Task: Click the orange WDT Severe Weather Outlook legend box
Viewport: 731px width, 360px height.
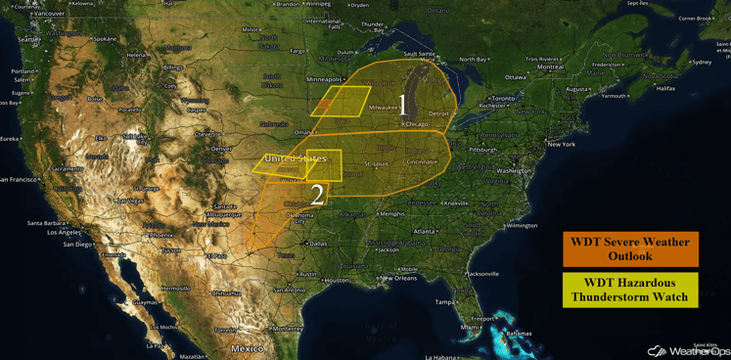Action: pyautogui.click(x=630, y=248)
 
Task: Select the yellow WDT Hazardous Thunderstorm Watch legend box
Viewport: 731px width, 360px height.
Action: pyautogui.click(x=630, y=290)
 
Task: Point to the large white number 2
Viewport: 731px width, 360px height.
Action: pyautogui.click(x=316, y=194)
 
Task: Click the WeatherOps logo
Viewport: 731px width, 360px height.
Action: pyautogui.click(x=684, y=350)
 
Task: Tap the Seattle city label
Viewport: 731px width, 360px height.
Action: pyautogui.click(x=30, y=39)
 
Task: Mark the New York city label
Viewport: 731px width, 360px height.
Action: pyautogui.click(x=561, y=144)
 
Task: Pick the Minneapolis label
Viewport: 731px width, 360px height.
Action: pyautogui.click(x=324, y=79)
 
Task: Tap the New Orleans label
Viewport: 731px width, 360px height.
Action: pyautogui.click(x=398, y=278)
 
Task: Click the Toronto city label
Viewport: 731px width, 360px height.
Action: pyautogui.click(x=502, y=99)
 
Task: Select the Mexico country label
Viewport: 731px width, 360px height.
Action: pyautogui.click(x=248, y=348)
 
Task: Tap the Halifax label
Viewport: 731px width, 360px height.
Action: pyautogui.click(x=665, y=88)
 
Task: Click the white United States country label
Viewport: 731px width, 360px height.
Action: pyautogui.click(x=296, y=157)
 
